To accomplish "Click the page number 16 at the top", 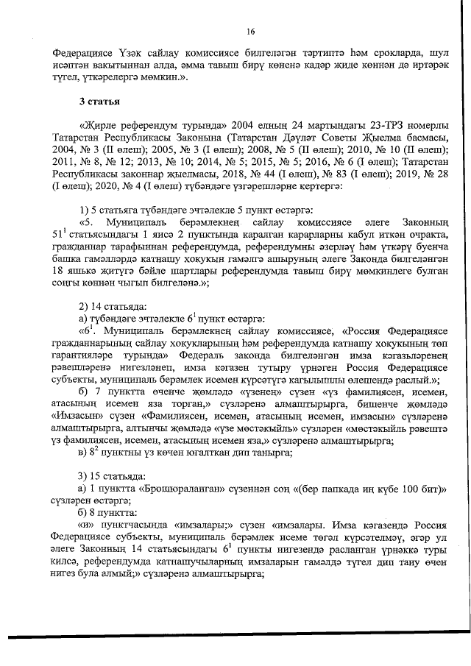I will click(250, 31).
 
